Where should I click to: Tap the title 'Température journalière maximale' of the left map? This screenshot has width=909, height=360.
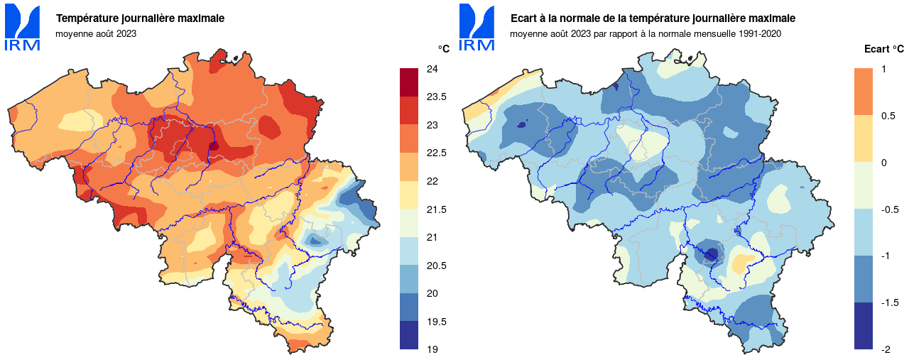tap(140, 18)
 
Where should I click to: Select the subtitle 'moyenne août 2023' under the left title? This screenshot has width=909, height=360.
tap(96, 33)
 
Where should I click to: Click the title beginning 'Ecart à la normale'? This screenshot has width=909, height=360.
tap(653, 18)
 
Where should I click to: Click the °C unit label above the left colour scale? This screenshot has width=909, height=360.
tap(443, 49)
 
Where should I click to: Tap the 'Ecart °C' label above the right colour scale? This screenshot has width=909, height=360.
tap(883, 49)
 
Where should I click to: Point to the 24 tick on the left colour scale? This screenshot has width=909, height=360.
tap(431, 69)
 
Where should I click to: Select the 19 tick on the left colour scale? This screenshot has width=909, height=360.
tap(431, 349)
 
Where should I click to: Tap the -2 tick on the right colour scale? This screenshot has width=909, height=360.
tap(886, 349)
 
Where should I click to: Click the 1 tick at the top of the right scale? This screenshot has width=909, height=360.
tap(883, 69)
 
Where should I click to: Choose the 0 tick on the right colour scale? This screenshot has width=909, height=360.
tap(883, 163)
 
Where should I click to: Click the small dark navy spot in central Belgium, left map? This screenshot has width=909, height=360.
tap(214, 147)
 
